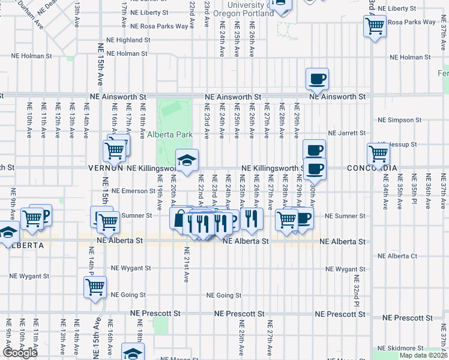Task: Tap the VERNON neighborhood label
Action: pyautogui.click(x=106, y=169)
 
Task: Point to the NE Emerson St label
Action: pyautogui.click(x=134, y=191)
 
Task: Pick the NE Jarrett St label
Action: pyautogui.click(x=347, y=133)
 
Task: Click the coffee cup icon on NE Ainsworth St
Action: pyautogui.click(x=317, y=79)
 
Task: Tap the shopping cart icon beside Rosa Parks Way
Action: pyautogui.click(x=375, y=26)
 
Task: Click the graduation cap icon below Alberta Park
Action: pyautogui.click(x=187, y=160)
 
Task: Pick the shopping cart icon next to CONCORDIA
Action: pyautogui.click(x=378, y=153)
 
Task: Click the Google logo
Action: pyautogui.click(x=20, y=353)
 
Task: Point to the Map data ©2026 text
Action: pyautogui.click(x=423, y=355)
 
